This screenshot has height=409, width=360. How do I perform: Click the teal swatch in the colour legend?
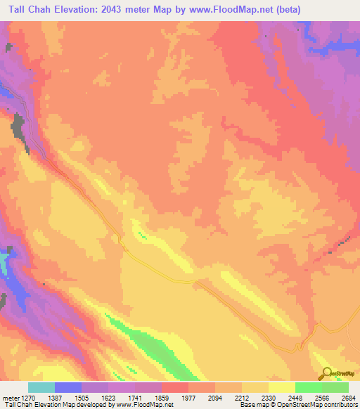click(41, 387)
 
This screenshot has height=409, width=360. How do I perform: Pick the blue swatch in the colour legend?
click(68, 387)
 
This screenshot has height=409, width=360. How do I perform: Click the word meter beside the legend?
click(10, 397)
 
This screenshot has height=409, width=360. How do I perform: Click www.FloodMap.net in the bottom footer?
click(146, 405)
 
